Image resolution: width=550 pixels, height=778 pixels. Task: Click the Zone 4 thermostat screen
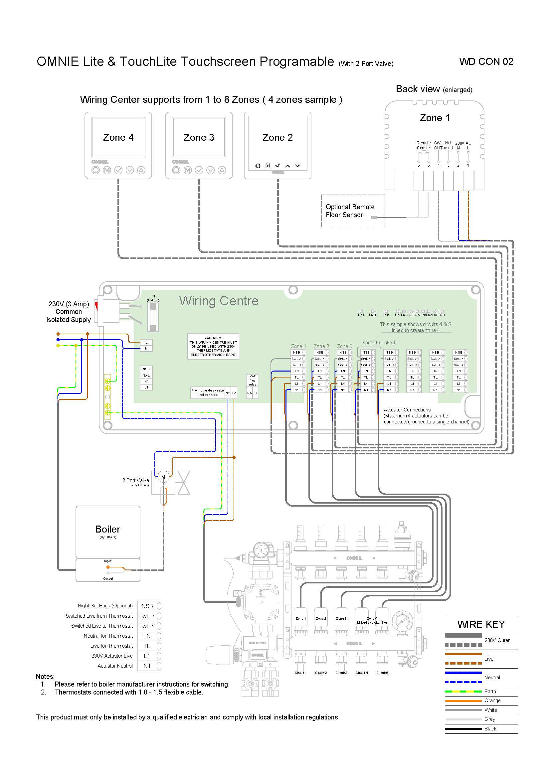(118, 137)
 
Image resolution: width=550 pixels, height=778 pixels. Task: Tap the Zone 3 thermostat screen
(199, 137)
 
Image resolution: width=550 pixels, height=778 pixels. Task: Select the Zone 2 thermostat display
(277, 137)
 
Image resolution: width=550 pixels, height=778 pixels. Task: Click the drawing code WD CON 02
(486, 62)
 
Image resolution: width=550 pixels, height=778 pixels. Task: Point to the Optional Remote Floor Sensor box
(352, 211)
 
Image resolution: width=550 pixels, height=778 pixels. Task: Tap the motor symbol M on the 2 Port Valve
(163, 477)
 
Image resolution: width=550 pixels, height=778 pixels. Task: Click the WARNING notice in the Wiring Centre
(213, 346)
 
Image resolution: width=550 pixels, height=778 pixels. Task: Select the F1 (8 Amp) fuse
(153, 317)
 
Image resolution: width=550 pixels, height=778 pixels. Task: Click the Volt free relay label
(253, 380)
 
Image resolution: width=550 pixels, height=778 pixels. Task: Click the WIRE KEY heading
(481, 624)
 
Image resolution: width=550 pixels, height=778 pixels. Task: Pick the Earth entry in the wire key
(490, 691)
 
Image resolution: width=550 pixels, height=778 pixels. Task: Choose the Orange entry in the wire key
(492, 700)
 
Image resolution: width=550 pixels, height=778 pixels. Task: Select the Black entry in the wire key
(490, 728)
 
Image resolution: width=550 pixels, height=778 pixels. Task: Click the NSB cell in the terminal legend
(147, 606)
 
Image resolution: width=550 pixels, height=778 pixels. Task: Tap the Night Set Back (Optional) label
(105, 605)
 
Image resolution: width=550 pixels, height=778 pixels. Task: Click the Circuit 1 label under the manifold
(300, 673)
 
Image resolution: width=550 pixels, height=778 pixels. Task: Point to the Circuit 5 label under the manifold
(382, 673)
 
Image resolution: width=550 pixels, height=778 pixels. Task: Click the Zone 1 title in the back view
(435, 118)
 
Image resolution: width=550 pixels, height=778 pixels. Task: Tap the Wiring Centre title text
(219, 301)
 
